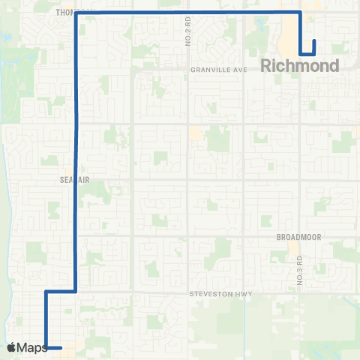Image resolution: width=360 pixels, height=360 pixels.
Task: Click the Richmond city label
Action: tap(300, 66)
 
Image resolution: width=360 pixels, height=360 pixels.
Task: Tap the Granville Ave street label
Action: tap(218, 69)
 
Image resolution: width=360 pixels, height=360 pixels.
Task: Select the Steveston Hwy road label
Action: tap(218, 294)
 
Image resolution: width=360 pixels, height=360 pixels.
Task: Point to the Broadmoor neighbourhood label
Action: tap(298, 236)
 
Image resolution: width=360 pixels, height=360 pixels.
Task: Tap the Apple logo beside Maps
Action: tap(12, 347)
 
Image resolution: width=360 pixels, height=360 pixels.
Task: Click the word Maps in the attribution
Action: tap(33, 347)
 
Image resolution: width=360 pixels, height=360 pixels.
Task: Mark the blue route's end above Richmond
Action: tap(313, 40)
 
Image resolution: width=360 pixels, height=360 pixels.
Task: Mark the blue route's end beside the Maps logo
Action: tap(61, 347)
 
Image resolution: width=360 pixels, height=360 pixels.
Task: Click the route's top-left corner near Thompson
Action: tap(76, 13)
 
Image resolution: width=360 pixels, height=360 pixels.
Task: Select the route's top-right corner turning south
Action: tap(300, 13)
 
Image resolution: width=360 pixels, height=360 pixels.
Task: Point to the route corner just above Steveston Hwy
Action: tap(76, 290)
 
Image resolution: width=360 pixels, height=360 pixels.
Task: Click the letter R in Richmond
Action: tap(268, 66)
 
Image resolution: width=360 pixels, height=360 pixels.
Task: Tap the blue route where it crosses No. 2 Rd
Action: tap(187, 13)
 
